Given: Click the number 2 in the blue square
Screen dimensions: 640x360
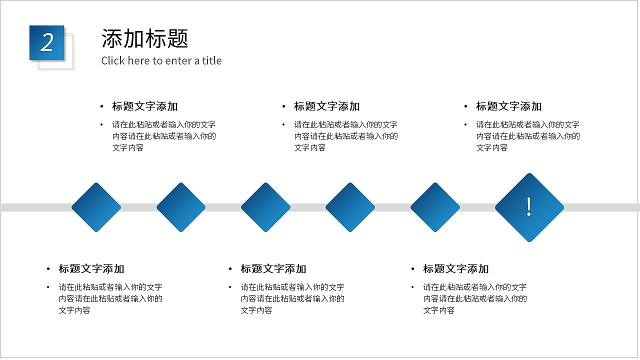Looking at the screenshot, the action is (x=47, y=43).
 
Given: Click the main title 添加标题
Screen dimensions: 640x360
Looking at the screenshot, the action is (x=144, y=38).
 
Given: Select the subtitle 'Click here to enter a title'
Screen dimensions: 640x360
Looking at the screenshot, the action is (x=161, y=61).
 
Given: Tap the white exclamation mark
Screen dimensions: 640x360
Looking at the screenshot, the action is (x=529, y=206).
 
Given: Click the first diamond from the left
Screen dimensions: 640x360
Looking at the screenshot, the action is (x=96, y=207).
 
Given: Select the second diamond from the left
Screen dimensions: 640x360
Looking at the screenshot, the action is (x=181, y=207).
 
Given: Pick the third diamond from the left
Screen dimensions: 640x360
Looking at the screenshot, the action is (x=265, y=207).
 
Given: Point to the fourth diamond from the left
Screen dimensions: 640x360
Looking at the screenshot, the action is (x=350, y=207).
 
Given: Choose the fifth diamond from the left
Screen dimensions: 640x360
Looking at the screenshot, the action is (x=435, y=207).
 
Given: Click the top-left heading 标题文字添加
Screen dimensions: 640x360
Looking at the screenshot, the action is (x=144, y=106).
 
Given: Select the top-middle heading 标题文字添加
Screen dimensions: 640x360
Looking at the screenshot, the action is (x=326, y=106).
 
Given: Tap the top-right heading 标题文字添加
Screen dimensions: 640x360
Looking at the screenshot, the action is (x=508, y=106).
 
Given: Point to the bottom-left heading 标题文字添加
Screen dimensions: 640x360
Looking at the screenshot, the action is (x=91, y=269).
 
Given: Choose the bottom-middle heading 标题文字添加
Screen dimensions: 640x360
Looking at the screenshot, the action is (x=273, y=269).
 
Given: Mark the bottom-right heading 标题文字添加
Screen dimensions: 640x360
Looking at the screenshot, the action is (x=455, y=269).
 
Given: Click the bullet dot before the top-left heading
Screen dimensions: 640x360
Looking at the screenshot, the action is (x=101, y=106).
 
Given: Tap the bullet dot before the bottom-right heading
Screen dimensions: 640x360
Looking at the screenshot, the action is (x=413, y=269).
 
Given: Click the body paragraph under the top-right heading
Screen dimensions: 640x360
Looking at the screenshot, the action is (x=527, y=136).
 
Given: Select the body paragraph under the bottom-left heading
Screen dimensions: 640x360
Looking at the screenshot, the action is (x=110, y=298).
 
